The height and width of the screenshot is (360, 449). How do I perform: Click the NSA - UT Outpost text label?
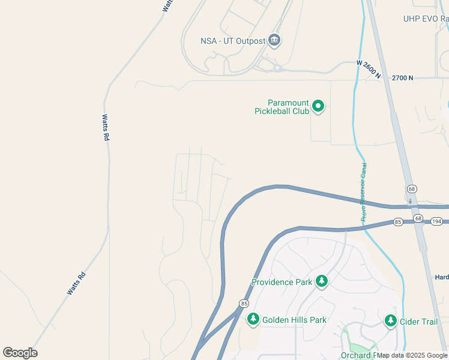tap(232, 41)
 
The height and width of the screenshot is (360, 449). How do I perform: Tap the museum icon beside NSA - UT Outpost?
tap(275, 40)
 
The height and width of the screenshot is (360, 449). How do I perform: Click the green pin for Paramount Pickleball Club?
tap(318, 106)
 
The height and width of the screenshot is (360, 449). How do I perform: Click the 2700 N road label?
tap(403, 78)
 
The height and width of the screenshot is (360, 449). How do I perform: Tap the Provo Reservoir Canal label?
tap(364, 193)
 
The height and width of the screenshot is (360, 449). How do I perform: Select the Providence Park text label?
tap(282, 282)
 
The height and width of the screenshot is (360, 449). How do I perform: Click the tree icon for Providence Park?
tap(322, 281)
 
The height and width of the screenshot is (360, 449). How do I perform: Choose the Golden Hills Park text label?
tap(294, 320)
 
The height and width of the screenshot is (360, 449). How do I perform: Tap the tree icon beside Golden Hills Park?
tap(253, 319)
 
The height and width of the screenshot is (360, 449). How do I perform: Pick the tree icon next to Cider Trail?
tap(391, 321)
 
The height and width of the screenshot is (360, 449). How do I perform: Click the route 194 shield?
tap(436, 222)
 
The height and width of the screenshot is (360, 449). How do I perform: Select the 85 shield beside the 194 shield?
tap(398, 222)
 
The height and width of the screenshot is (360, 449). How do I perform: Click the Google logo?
tap(20, 353)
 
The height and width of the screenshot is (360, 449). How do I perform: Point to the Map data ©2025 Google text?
tap(412, 355)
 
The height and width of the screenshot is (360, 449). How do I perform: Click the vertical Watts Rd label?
tap(106, 127)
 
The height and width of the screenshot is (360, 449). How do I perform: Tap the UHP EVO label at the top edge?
tap(426, 19)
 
